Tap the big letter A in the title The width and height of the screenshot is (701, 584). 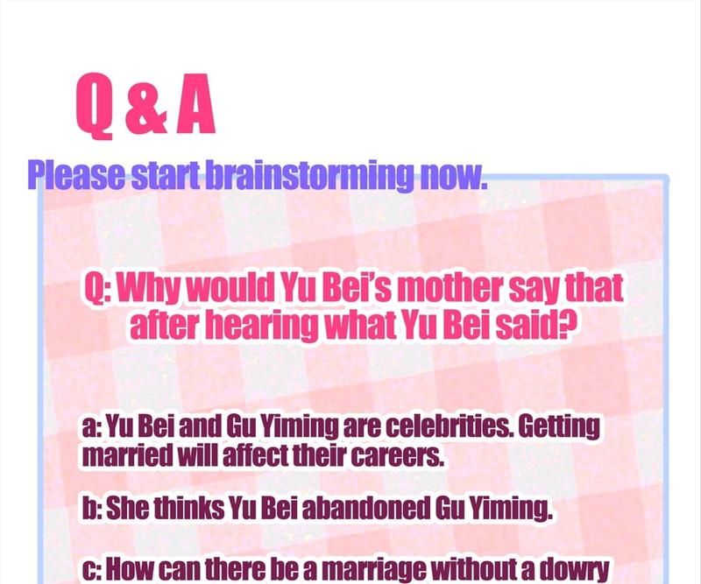coord(195,103)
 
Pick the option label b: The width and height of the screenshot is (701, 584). coord(93,508)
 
